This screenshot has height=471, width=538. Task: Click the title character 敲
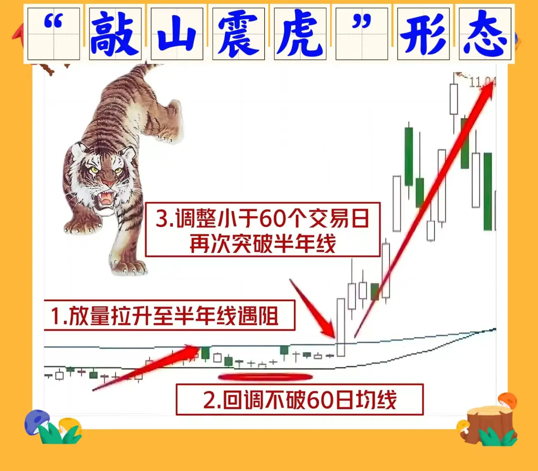(115, 34)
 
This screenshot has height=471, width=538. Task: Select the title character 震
(238, 34)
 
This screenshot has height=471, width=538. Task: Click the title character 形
(423, 34)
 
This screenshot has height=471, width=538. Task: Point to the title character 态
(484, 34)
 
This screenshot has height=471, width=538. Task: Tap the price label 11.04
(482, 82)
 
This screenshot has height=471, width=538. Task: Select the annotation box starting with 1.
(170, 315)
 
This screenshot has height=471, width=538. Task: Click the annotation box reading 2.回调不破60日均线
(300, 400)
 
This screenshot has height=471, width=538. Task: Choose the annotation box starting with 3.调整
(263, 229)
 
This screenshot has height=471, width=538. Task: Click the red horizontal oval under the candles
(265, 377)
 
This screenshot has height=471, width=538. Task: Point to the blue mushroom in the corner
(37, 422)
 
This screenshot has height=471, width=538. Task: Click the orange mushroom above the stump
(508, 400)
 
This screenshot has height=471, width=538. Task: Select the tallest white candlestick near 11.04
(453, 99)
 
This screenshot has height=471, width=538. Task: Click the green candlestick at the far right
(488, 191)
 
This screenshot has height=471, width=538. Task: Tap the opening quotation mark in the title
(53, 21)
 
